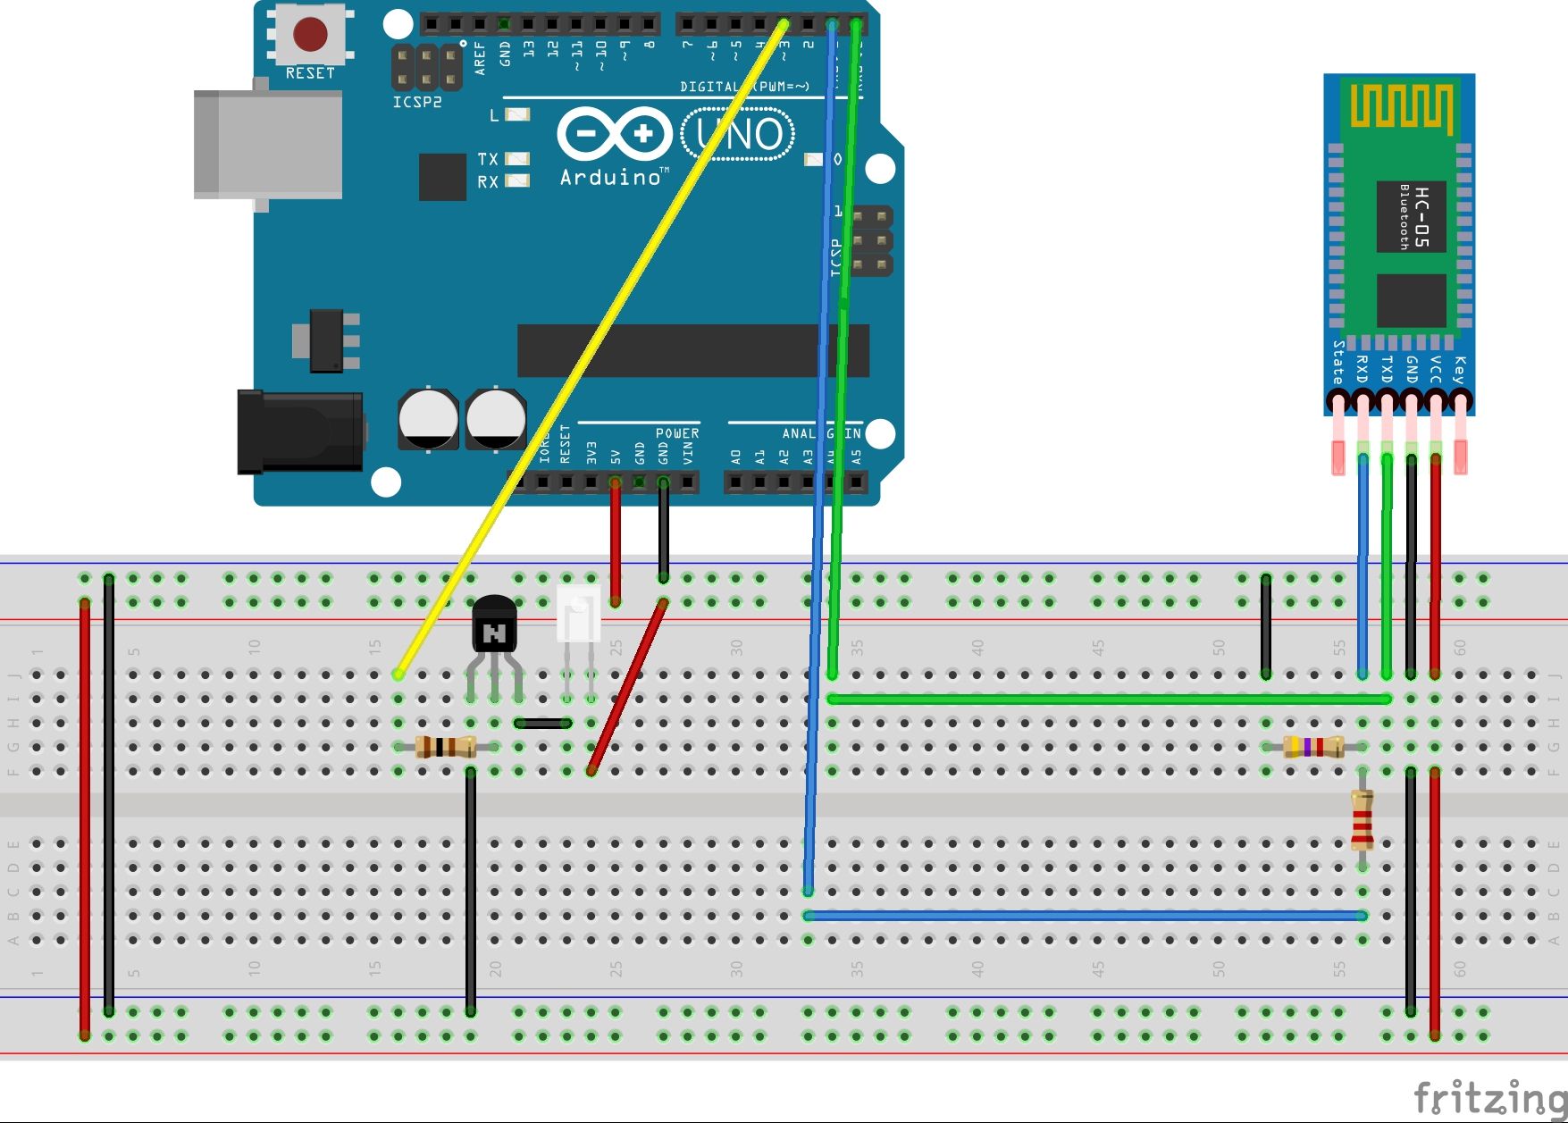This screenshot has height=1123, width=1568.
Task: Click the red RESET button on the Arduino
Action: click(310, 35)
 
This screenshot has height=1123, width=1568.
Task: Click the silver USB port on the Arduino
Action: click(268, 144)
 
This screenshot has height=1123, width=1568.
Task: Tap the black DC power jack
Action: click(299, 432)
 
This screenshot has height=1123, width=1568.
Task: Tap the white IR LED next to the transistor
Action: click(577, 614)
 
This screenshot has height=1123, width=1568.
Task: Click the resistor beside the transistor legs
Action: click(445, 747)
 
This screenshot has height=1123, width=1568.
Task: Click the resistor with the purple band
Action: click(1312, 747)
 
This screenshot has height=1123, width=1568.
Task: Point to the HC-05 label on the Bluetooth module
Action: click(1421, 217)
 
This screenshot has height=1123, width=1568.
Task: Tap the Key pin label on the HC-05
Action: click(1459, 369)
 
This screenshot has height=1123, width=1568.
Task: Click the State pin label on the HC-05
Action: click(1338, 362)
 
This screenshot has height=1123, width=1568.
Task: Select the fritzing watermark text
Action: click(1488, 1097)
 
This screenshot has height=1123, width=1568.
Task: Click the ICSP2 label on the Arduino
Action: click(417, 103)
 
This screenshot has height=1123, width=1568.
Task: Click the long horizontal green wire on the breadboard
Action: click(1108, 699)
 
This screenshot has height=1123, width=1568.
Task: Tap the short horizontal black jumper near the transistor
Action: click(542, 723)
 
